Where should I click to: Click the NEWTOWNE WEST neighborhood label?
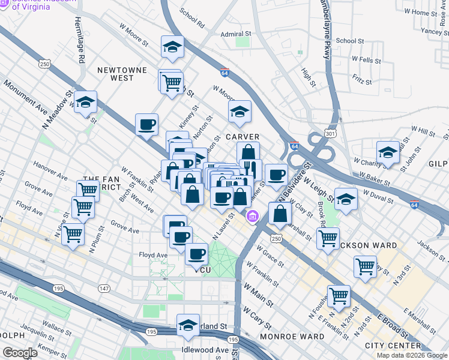[125, 74]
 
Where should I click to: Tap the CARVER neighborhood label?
[243, 137]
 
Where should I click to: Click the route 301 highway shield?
[330, 132]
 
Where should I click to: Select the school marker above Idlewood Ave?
[188, 325]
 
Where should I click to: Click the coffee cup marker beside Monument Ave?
[146, 125]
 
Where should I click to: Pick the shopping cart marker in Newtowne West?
[172, 82]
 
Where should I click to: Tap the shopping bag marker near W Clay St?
[280, 213]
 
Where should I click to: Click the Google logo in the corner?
[20, 353]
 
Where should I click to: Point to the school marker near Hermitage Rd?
[86, 102]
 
